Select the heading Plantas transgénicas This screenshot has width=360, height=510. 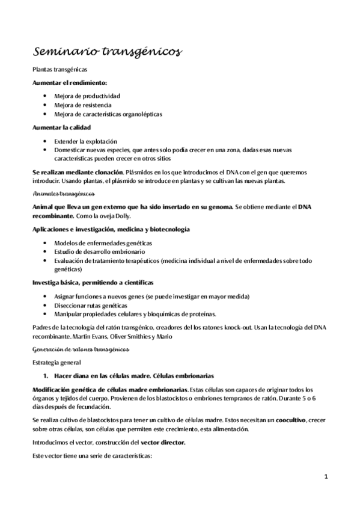[x=59, y=70]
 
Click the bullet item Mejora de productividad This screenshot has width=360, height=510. [x=87, y=96]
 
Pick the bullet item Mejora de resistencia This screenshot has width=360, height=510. [x=82, y=105]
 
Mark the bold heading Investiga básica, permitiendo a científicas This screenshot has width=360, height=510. [x=93, y=282]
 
